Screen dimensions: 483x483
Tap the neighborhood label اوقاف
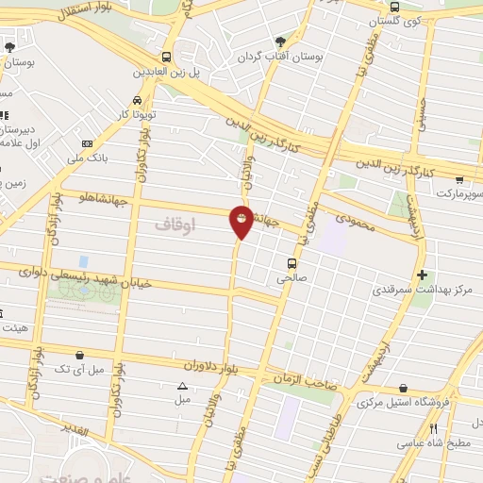(175, 225)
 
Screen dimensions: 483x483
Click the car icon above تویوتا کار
(138, 100)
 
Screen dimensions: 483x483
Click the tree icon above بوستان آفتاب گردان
(280, 41)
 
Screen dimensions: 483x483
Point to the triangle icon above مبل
(182, 386)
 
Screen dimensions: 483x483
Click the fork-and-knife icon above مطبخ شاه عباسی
(433, 427)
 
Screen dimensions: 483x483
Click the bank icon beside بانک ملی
(87, 143)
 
